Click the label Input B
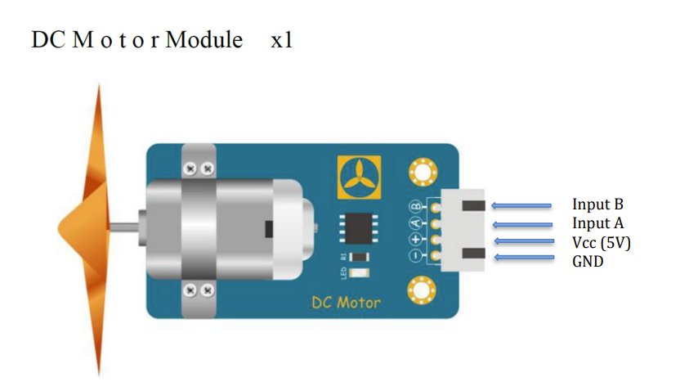[x=603, y=204]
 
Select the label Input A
[x=603, y=223]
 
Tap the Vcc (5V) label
[x=602, y=243]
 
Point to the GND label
[x=588, y=262]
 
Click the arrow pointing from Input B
[x=522, y=204]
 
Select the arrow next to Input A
[x=522, y=223]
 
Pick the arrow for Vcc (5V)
[x=522, y=242]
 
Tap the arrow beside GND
[x=522, y=259]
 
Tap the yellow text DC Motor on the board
[x=346, y=303]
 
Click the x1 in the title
[x=281, y=40]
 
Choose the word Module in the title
[x=204, y=40]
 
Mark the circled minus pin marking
[x=415, y=257]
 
